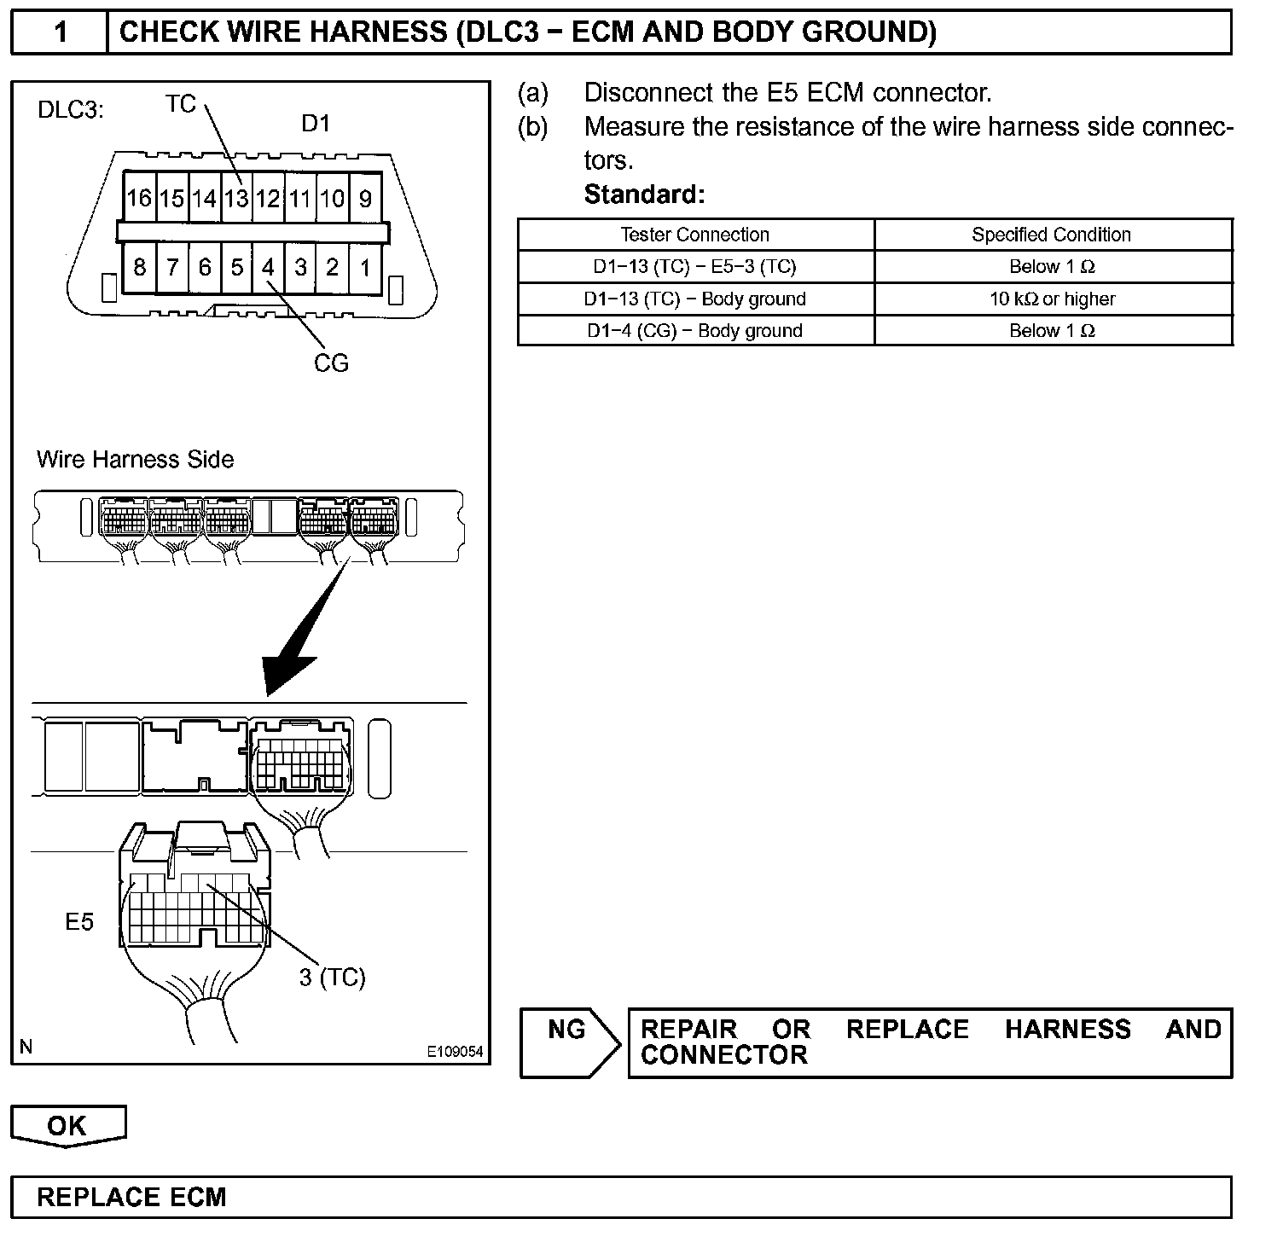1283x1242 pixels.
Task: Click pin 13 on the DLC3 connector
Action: (x=236, y=199)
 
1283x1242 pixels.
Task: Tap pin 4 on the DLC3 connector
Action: (x=268, y=268)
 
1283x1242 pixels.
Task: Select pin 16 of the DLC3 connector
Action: (x=138, y=199)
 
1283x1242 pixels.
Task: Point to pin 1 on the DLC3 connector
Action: (x=365, y=268)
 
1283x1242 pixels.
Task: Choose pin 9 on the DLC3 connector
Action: (x=365, y=199)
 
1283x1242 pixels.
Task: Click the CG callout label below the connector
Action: (x=331, y=363)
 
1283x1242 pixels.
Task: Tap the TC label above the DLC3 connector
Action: (x=181, y=104)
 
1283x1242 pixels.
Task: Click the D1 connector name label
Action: (x=316, y=124)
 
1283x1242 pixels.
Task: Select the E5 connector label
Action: (x=79, y=921)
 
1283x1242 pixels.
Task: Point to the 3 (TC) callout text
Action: (x=332, y=977)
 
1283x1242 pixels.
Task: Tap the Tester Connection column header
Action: (x=695, y=235)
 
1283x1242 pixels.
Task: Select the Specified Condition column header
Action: (x=1052, y=235)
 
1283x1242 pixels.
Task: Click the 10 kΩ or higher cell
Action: (x=1052, y=299)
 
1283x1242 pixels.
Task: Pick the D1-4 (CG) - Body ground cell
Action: (x=695, y=331)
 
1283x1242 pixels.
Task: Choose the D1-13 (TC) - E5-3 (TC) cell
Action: (x=695, y=267)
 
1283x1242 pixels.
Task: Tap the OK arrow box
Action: (x=67, y=1126)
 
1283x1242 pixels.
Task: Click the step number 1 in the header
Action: (x=61, y=32)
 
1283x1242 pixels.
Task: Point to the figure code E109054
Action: (x=455, y=1052)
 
